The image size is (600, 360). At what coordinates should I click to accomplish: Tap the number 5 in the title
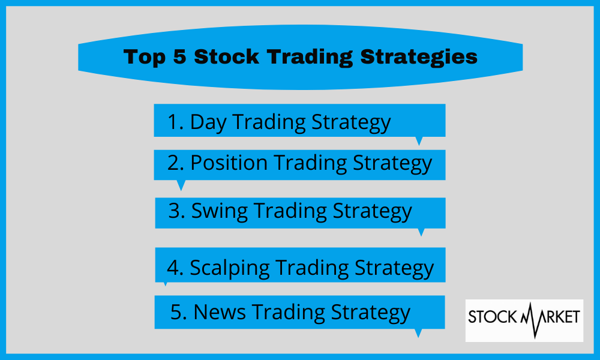pyautogui.click(x=179, y=56)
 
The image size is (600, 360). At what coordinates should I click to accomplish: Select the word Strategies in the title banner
pyautogui.click(x=419, y=58)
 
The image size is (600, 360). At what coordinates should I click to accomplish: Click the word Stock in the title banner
pyautogui.click(x=227, y=56)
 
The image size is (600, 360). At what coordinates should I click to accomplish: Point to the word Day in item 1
pyautogui.click(x=208, y=123)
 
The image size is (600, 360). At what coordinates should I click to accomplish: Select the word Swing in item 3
pyautogui.click(x=219, y=212)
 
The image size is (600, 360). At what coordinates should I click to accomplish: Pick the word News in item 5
pyautogui.click(x=220, y=312)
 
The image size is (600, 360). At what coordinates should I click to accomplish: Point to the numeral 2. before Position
pyautogui.click(x=176, y=163)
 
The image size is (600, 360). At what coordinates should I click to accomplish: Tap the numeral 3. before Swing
pyautogui.click(x=177, y=211)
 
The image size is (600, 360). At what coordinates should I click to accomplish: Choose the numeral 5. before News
pyautogui.click(x=179, y=312)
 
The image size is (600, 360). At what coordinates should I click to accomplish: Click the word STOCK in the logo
pyautogui.click(x=493, y=317)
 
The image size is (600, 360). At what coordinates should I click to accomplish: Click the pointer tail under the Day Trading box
pyautogui.click(x=419, y=141)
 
